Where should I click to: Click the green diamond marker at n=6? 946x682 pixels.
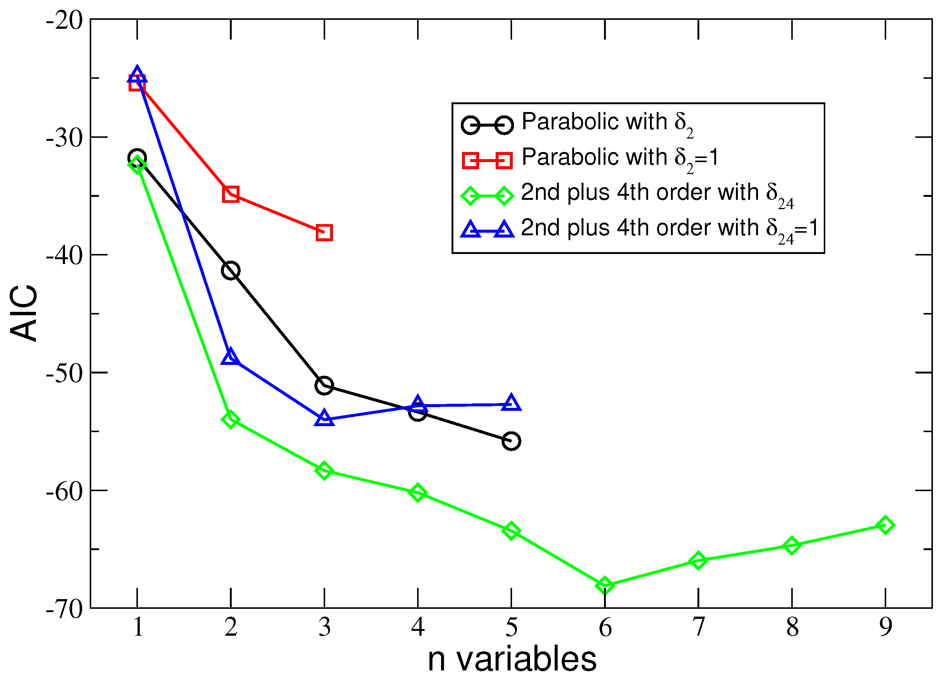pyautogui.click(x=605, y=586)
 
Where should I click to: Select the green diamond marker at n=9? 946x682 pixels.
pyautogui.click(x=885, y=525)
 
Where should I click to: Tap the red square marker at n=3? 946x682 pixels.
pyautogui.click(x=324, y=233)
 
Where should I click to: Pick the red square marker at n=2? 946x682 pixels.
pyautogui.click(x=231, y=194)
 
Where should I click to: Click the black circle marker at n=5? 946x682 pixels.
pyautogui.click(x=511, y=441)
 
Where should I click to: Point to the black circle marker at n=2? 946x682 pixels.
pyautogui.click(x=231, y=271)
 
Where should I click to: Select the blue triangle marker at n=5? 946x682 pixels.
pyautogui.click(x=511, y=403)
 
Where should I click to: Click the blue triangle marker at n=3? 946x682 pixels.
pyautogui.click(x=324, y=418)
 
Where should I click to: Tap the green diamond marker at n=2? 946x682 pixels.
pyautogui.click(x=231, y=419)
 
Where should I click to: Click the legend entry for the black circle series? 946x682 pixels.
pyautogui.click(x=607, y=122)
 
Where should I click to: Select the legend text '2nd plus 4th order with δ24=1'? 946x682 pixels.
pyautogui.click(x=669, y=229)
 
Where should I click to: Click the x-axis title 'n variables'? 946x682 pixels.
pyautogui.click(x=512, y=660)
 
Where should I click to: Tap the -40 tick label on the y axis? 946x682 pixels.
pyautogui.click(x=65, y=255)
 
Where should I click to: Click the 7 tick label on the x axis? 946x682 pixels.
pyautogui.click(x=699, y=627)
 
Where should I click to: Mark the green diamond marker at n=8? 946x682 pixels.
pyautogui.click(x=792, y=546)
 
